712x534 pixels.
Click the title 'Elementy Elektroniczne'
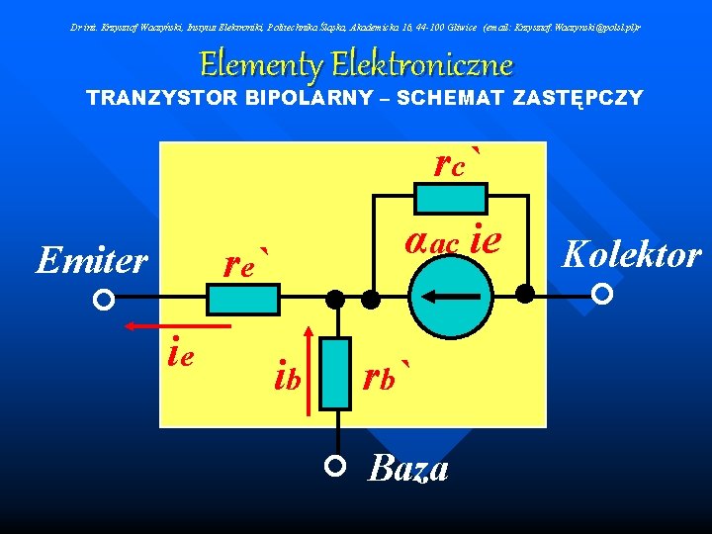(x=356, y=65)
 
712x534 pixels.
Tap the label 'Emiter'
(x=91, y=260)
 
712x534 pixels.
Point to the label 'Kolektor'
(x=631, y=254)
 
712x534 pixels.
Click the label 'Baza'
(x=408, y=468)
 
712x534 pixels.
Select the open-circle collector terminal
(x=602, y=294)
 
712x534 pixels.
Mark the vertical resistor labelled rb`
(x=337, y=373)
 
